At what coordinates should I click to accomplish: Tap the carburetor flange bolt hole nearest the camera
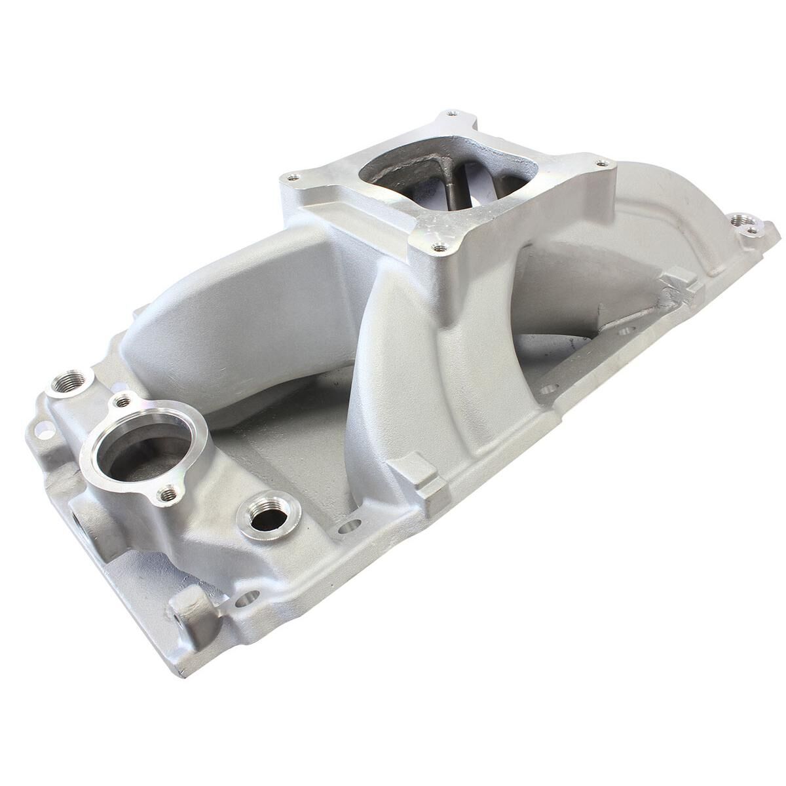(x=440, y=247)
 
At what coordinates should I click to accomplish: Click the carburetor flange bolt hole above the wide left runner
(x=293, y=177)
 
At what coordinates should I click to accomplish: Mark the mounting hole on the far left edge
(x=45, y=430)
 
